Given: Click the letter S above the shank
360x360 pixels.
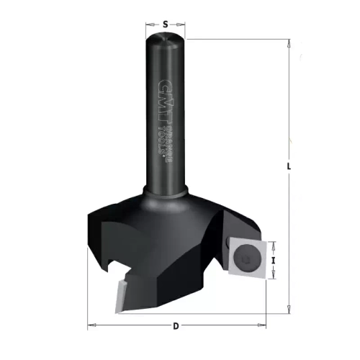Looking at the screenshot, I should pos(165,24).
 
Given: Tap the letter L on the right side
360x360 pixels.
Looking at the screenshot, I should pos(289,168).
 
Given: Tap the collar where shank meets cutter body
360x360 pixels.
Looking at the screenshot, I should pos(166,192).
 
